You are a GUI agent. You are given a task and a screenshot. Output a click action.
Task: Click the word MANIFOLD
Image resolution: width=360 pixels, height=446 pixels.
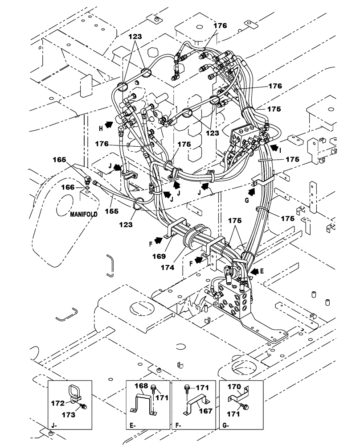83,215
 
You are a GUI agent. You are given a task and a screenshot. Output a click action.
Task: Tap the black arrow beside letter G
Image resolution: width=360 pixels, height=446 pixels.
253,192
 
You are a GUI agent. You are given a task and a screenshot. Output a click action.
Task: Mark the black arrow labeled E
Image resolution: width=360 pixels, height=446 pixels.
255,270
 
